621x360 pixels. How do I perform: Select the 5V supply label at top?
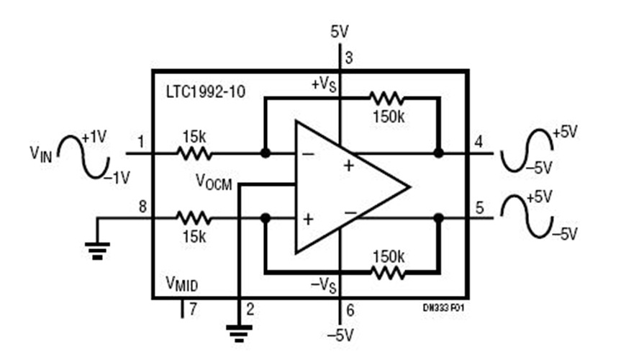point(339,32)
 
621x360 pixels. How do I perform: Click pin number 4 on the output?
point(479,142)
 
